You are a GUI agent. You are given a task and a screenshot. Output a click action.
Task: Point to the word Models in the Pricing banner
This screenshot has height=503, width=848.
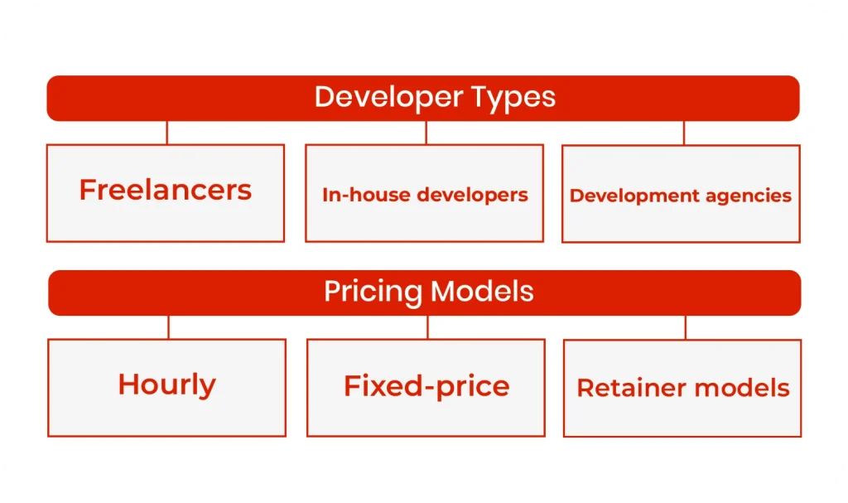coord(482,292)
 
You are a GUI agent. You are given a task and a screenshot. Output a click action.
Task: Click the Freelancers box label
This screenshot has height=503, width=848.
coord(165,191)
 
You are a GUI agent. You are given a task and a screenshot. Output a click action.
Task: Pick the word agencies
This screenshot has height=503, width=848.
coord(749,196)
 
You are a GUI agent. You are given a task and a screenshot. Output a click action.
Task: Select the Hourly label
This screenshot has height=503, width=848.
coord(166,385)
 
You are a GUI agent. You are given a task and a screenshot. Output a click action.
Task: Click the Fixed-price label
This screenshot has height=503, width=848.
coord(426,385)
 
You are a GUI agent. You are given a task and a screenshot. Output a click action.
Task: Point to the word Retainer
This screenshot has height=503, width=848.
coord(633,388)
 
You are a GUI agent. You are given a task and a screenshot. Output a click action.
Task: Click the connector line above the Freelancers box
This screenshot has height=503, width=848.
coord(167,133)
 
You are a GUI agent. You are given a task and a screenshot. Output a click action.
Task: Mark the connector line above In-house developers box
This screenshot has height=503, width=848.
coord(426,133)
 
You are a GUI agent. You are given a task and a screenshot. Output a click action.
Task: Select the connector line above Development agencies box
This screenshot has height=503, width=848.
coord(684,133)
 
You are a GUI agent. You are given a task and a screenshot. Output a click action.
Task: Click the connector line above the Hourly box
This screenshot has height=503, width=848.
coord(168,327)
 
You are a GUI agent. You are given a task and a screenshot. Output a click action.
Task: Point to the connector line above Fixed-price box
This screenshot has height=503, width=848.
coord(427,327)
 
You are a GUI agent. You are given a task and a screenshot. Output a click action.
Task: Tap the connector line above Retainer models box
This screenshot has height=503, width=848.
coord(686,327)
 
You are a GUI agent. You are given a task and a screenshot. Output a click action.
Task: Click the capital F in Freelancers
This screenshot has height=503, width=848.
coord(87,190)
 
